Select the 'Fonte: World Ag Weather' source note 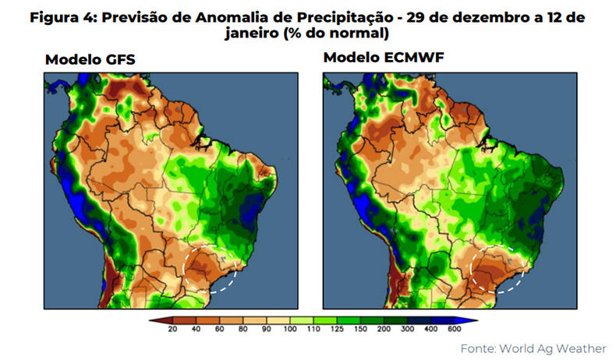tap(533, 348)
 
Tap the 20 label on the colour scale tap(173, 330)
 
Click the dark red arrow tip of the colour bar tap(154, 319)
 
